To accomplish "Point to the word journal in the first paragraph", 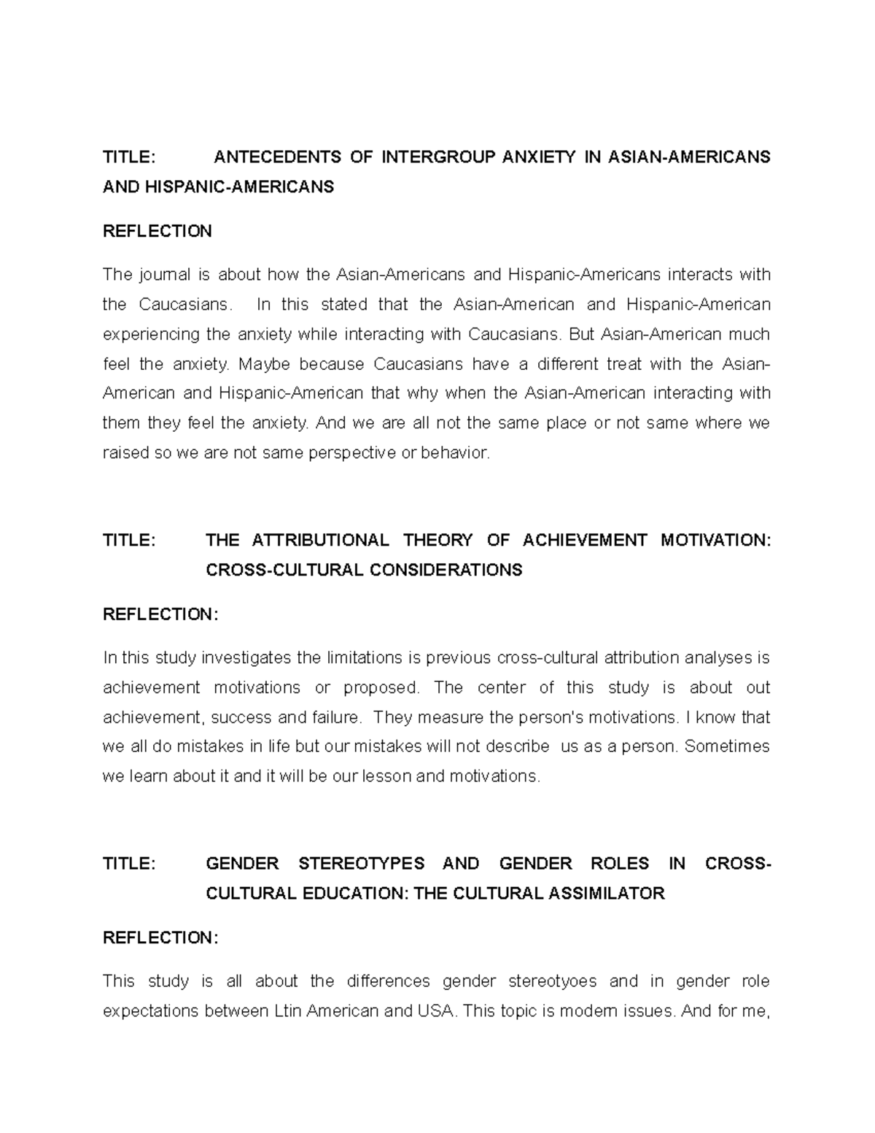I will [x=160, y=275].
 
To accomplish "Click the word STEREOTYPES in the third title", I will [x=361, y=864].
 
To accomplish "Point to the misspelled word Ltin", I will [x=289, y=1011].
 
